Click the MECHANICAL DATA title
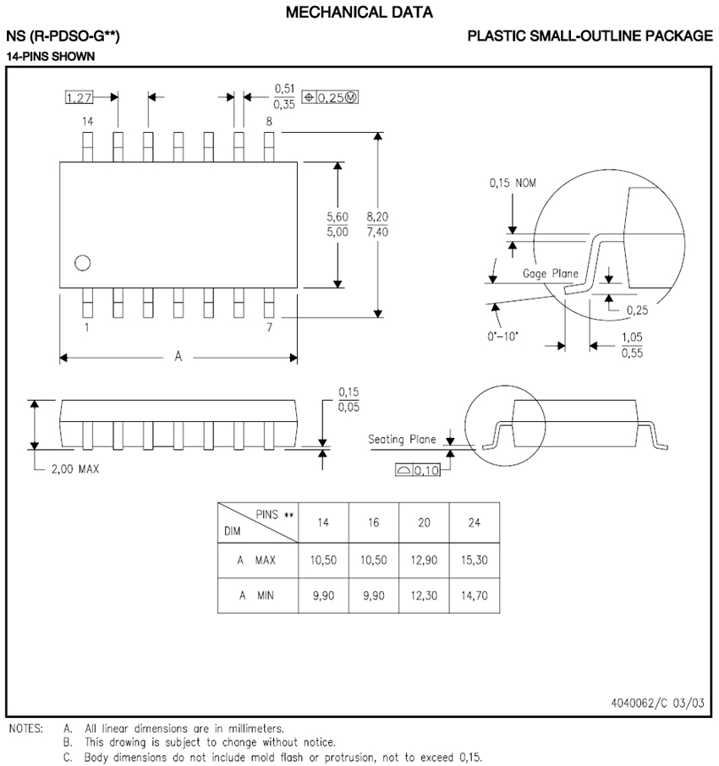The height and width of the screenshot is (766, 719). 359,12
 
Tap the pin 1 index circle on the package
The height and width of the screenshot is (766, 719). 82,263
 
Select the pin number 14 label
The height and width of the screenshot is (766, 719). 87,122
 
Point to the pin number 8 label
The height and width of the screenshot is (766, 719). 269,122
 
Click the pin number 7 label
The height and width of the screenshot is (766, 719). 269,326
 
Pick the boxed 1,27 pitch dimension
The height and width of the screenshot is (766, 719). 79,97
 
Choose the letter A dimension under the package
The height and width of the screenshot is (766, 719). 178,358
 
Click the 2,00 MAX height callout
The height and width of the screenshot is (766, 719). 74,469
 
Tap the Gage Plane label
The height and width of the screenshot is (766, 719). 551,273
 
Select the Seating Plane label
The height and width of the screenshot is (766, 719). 403,440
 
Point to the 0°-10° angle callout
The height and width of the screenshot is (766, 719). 505,336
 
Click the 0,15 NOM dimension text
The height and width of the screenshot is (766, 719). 513,183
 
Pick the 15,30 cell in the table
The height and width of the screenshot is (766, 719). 475,560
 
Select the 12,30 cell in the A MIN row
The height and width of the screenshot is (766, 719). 424,595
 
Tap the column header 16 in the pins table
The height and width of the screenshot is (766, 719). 373,523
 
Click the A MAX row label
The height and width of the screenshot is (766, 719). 256,560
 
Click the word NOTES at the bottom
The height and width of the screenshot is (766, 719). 25,727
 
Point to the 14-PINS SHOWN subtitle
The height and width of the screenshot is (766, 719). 50,56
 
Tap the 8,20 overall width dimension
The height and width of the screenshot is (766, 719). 377,216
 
